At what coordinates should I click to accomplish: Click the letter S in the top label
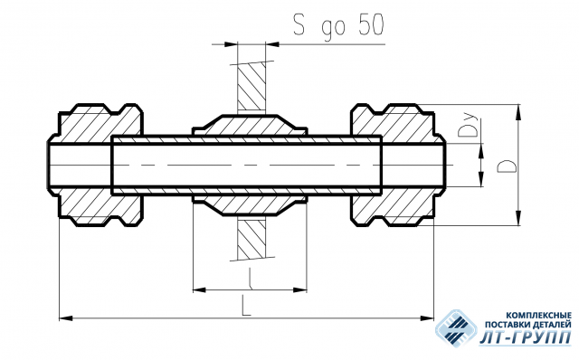point(299,24)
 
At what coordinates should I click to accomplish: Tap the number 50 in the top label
point(371,25)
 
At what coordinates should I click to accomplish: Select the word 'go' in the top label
point(334,29)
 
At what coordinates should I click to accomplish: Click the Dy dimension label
point(468,126)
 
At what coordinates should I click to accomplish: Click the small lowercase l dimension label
point(250,278)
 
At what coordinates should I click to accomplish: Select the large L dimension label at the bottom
point(246,305)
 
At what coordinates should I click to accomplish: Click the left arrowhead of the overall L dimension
point(66,317)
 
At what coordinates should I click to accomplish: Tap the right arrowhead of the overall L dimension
point(427,317)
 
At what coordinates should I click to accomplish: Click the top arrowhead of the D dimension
point(518,111)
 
